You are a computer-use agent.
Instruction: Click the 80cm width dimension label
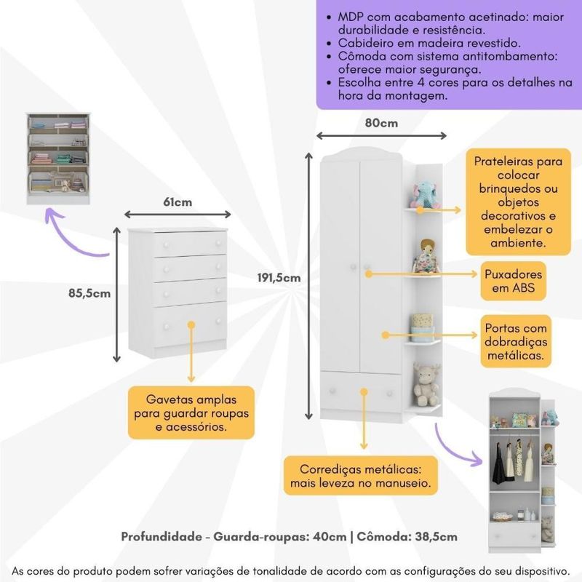pos(380,123)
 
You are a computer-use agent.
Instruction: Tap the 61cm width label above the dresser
pos(178,202)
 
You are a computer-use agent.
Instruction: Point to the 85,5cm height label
pos(89,293)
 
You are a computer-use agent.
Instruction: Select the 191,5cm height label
pos(279,277)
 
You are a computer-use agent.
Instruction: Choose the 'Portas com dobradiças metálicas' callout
pos(515,340)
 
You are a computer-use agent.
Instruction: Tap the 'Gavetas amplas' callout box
pos(191,412)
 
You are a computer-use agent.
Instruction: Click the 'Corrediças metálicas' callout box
pos(361,475)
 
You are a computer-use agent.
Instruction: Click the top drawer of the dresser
pos(190,244)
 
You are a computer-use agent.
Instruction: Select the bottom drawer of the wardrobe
pos(361,392)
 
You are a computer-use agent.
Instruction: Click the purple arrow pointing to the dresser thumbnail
pos(73,236)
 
